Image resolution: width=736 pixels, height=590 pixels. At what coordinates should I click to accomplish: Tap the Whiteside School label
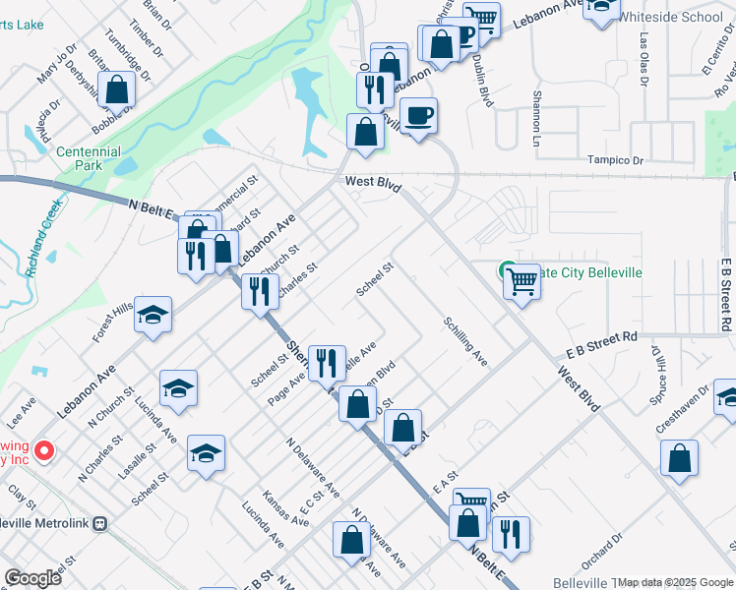click(674, 17)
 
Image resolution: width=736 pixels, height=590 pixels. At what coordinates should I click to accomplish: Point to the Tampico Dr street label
click(614, 160)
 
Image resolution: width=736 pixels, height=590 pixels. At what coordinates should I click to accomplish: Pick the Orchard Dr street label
click(602, 548)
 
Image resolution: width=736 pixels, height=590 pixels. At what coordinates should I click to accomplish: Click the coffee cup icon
click(419, 117)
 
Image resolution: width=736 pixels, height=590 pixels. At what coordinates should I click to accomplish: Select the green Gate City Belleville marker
click(508, 269)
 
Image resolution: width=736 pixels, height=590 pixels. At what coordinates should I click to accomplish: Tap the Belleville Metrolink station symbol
click(99, 524)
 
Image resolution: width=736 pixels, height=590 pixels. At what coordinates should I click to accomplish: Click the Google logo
click(32, 577)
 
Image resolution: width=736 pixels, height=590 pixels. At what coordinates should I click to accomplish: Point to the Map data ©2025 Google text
click(675, 582)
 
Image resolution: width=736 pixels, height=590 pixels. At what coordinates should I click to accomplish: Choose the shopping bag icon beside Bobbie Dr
click(116, 90)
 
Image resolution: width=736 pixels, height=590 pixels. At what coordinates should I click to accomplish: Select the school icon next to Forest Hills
click(153, 315)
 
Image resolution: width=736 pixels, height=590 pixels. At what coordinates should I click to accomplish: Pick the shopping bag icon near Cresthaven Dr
click(679, 458)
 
